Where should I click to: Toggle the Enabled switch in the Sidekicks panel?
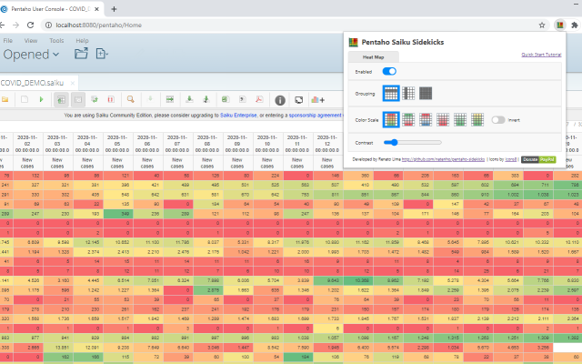[389, 71]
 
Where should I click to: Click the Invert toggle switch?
[498, 119]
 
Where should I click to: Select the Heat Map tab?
[374, 56]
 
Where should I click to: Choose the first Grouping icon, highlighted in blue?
[390, 93]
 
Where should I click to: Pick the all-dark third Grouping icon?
[425, 93]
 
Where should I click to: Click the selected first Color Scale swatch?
[390, 119]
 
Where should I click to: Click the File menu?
[7, 40]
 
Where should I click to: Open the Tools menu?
[56, 40]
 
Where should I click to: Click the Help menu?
[82, 40]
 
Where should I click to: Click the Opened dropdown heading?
[31, 55]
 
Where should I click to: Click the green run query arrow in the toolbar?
[42, 98]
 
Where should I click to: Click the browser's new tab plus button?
[113, 8]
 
